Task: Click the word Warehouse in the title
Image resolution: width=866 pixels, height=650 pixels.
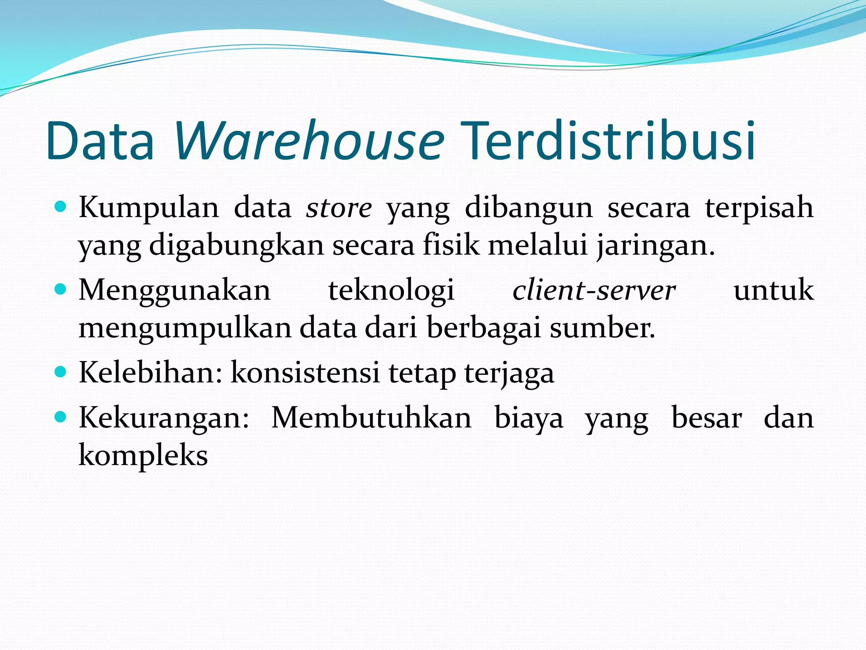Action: (x=309, y=140)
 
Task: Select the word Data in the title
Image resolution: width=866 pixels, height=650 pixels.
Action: (x=100, y=140)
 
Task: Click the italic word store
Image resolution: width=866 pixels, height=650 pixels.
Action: (x=339, y=208)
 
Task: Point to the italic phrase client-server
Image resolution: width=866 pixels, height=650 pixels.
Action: (x=594, y=291)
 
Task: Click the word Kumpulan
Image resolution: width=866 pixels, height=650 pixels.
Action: (x=149, y=208)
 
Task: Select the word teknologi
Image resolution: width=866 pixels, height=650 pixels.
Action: (x=391, y=291)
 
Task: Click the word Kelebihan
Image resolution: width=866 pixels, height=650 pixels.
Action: (x=150, y=373)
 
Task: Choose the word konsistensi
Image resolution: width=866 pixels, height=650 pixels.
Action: (x=305, y=373)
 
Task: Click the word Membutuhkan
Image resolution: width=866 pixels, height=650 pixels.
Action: (x=371, y=418)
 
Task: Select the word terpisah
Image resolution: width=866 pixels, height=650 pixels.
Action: (x=759, y=208)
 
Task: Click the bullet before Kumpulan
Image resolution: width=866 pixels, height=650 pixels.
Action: (x=61, y=207)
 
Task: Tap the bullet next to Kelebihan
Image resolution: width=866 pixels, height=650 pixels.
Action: (x=61, y=372)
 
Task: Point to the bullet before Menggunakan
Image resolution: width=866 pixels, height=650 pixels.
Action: (x=61, y=289)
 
